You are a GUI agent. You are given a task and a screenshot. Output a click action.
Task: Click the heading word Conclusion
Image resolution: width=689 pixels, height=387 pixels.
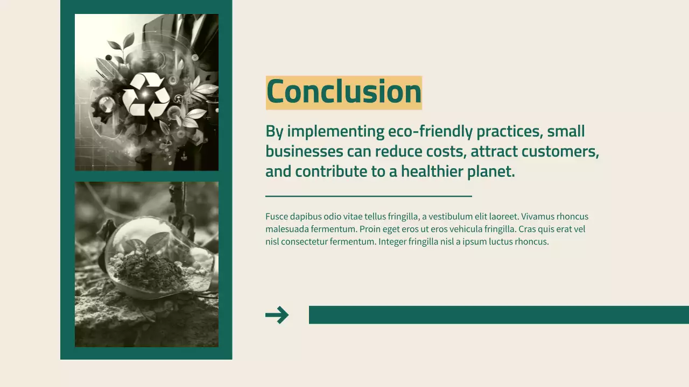click(x=343, y=92)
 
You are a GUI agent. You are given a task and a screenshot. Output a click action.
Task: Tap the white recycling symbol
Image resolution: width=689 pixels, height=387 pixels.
click(x=146, y=95)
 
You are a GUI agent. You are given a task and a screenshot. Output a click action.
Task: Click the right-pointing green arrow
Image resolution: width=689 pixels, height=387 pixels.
click(x=277, y=315)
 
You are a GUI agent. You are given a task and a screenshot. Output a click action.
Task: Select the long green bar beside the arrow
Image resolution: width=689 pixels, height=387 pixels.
click(x=498, y=315)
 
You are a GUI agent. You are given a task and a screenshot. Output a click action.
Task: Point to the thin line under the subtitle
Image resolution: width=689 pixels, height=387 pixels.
click(x=368, y=196)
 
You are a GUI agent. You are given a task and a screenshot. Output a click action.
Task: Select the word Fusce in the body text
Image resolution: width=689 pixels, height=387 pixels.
click(x=277, y=217)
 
